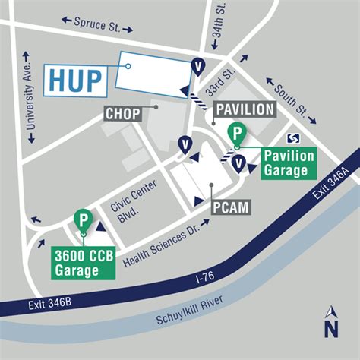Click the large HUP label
(76, 80)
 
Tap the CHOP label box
(122, 114)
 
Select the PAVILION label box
(244, 109)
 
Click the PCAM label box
(232, 206)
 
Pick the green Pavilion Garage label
(289, 163)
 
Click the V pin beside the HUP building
(198, 67)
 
